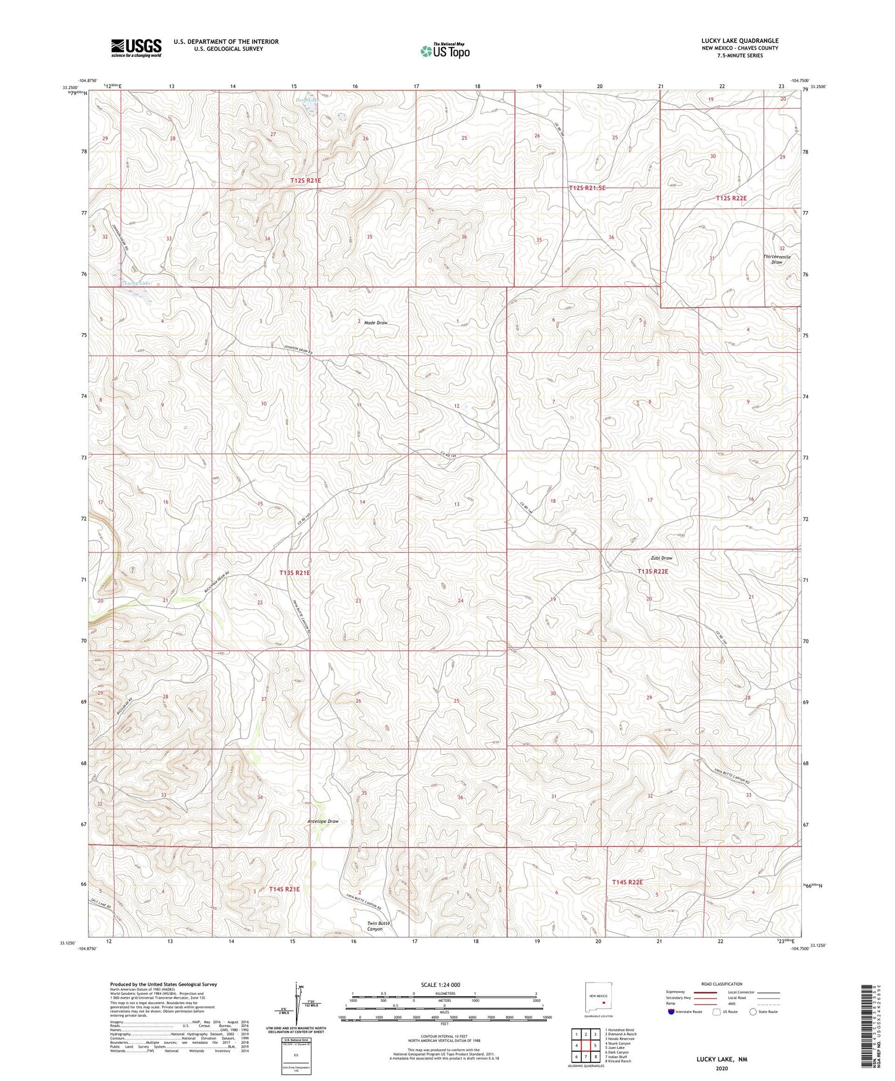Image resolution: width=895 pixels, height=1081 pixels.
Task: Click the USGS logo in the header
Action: click(136, 48)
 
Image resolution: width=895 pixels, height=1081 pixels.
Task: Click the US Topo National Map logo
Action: click(445, 51)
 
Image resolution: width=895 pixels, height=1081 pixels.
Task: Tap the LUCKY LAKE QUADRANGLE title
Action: click(740, 41)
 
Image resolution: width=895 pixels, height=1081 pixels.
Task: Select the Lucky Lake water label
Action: click(137, 284)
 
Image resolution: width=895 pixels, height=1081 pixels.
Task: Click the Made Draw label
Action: click(375, 323)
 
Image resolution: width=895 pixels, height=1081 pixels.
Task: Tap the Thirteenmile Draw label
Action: click(777, 259)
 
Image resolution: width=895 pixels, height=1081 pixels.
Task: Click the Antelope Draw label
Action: click(323, 822)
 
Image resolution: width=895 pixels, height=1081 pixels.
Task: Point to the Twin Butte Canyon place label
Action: click(378, 926)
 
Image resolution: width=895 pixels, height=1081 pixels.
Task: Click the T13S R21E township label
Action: click(295, 573)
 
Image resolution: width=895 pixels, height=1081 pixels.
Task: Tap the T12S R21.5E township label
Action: click(587, 188)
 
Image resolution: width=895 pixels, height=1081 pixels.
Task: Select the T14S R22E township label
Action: click(627, 882)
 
